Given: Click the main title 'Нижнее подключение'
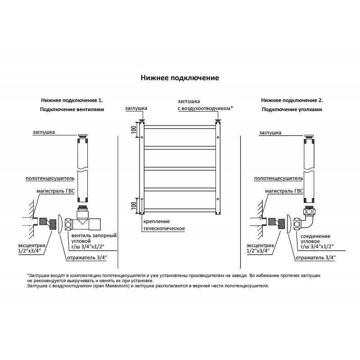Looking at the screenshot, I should pos(180,78).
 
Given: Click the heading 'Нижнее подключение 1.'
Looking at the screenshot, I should pos(72,100).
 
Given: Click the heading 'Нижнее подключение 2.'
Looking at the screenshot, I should pos(292,100).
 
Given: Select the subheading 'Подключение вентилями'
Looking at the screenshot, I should pos(72,109).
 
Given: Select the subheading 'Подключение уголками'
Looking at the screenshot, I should pos(292,109).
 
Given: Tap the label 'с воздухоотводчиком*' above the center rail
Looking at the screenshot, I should pos(205,108).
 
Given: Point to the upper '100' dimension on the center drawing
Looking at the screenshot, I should pos(134,129).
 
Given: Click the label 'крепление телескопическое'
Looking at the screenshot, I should pos(164,225).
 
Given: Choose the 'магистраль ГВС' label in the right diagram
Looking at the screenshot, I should pos(284,191).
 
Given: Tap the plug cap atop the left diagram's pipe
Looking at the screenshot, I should pos(83,136).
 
